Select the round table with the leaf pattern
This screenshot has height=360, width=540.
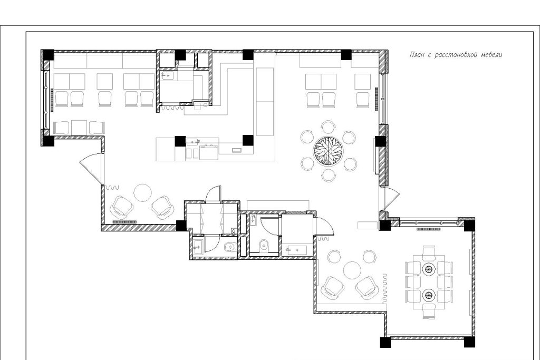tap(328, 151)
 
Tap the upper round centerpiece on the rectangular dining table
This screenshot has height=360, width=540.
tap(429, 269)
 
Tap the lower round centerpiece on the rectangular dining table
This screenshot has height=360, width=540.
tap(429, 295)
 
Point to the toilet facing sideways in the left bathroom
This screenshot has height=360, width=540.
tap(229, 247)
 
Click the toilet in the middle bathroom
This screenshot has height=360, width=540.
tap(264, 246)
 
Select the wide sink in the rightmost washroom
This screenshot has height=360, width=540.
tap(297, 249)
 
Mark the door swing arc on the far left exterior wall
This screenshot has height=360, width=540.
tap(91, 169)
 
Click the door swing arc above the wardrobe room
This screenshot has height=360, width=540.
tap(213, 194)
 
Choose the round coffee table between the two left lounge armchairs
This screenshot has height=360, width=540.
tap(142, 193)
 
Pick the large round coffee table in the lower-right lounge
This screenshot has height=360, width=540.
tap(352, 270)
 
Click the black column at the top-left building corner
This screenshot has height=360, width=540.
tap(48, 55)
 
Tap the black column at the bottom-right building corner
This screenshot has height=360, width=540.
tap(469, 342)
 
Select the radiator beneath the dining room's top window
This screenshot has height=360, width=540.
tap(429, 229)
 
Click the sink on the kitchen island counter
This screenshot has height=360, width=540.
tap(193, 141)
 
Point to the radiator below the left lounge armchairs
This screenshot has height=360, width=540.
tap(124, 222)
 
